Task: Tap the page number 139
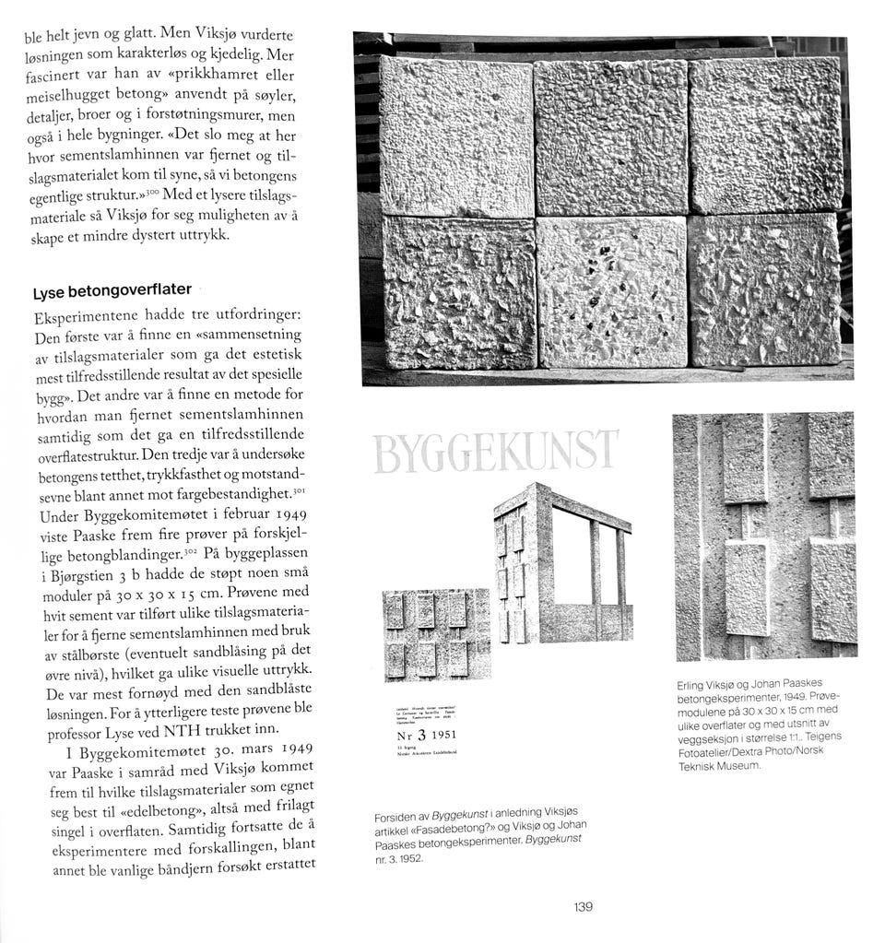point(582,907)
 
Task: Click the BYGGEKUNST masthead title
point(495,452)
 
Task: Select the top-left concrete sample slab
point(456,136)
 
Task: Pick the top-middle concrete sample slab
point(610,136)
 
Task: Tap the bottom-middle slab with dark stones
point(612,291)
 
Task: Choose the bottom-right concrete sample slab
point(764,289)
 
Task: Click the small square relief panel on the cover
point(436,634)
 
